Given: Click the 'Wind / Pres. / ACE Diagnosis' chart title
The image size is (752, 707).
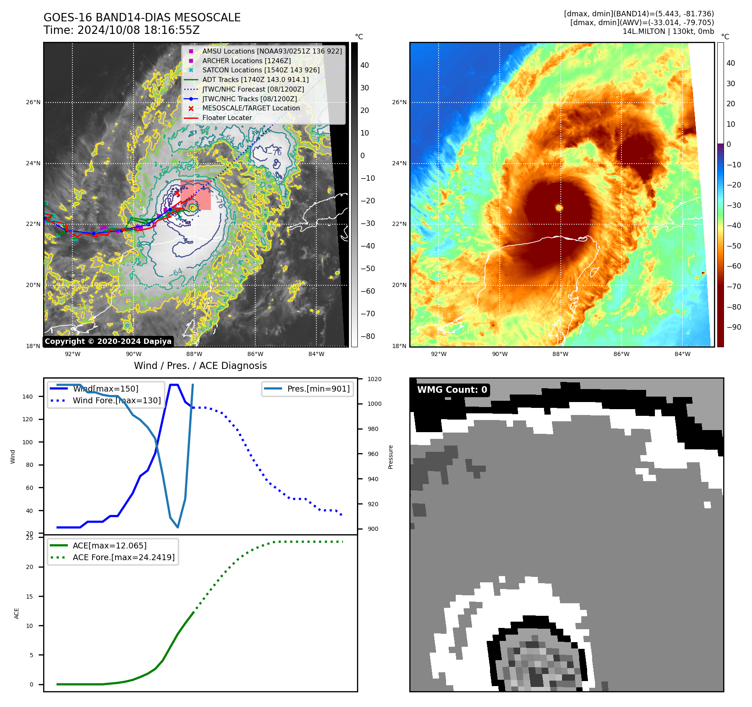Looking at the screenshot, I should tap(200, 366).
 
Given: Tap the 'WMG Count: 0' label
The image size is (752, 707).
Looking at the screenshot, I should tap(452, 390).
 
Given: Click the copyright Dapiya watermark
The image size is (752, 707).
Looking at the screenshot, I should tap(108, 341).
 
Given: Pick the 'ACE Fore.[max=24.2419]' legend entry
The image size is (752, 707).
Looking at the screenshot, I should tap(123, 557).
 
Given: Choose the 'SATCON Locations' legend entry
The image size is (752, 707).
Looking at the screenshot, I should tap(261, 70).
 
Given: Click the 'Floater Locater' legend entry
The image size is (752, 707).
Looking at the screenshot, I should tap(227, 118).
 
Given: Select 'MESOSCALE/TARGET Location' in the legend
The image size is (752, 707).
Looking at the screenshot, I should tap(251, 108).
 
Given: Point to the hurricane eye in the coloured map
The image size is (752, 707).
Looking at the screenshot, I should tap(559, 207).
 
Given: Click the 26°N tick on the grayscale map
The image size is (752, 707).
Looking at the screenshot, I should tap(33, 102).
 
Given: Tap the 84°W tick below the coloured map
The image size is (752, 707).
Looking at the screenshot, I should tap(682, 354).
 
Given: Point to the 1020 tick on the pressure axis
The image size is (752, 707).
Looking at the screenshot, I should tap(374, 379).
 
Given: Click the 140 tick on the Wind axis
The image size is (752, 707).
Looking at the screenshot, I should tap(28, 397).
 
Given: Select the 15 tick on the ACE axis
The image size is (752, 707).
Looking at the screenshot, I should tap(29, 597).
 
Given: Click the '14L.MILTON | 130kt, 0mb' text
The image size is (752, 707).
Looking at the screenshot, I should tap(668, 31).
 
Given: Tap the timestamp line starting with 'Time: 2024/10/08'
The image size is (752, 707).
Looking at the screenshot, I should tap(121, 31).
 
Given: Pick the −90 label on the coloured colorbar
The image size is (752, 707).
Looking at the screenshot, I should tap(734, 327).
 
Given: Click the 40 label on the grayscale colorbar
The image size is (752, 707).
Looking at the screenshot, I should tap(364, 65).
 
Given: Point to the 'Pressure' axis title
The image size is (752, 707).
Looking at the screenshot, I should tap(390, 457).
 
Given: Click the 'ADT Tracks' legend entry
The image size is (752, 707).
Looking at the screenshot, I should tap(255, 79).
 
